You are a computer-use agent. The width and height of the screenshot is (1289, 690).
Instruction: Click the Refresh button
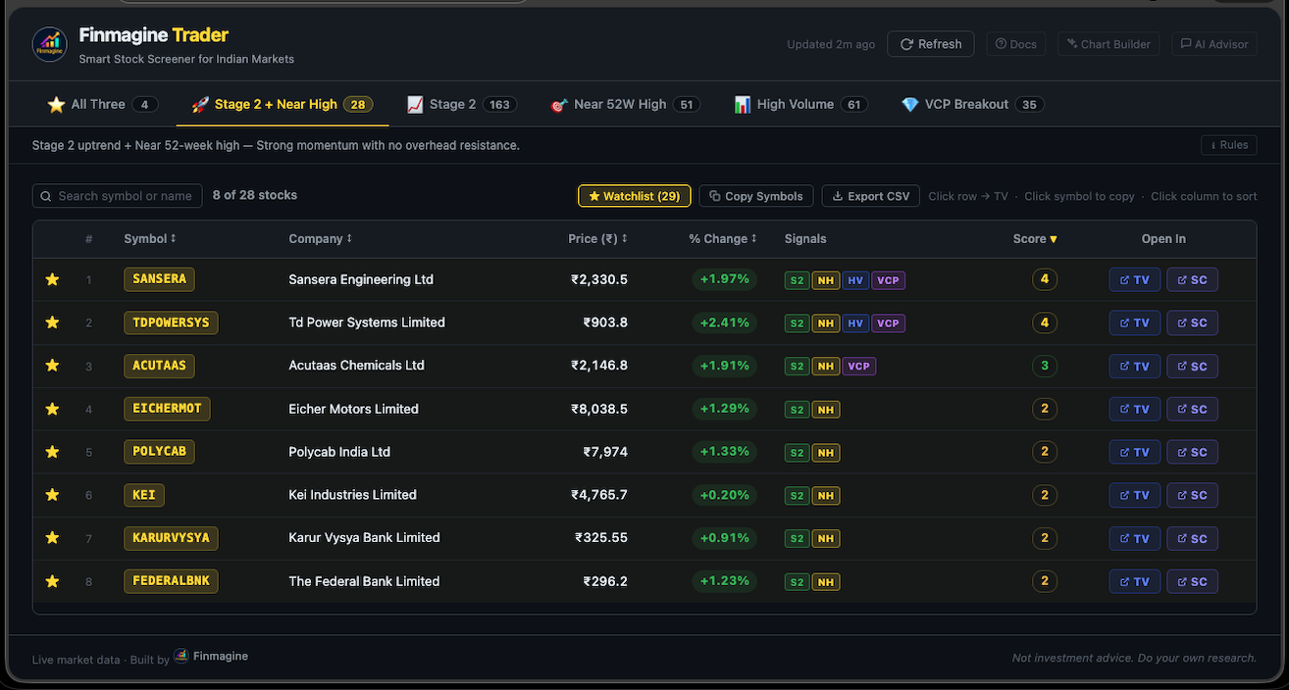click(x=930, y=44)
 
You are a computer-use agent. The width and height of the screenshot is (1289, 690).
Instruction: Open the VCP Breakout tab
click(x=971, y=104)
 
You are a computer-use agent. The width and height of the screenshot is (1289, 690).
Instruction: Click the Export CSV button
click(x=871, y=196)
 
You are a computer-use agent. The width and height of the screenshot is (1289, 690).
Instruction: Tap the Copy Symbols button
click(x=755, y=196)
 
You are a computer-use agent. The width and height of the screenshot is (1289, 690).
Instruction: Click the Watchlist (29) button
click(x=634, y=196)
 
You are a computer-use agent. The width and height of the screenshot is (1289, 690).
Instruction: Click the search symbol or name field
click(x=118, y=196)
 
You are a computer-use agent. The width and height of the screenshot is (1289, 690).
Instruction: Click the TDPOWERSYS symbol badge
click(x=171, y=322)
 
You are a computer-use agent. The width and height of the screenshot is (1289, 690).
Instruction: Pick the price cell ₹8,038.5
click(x=599, y=409)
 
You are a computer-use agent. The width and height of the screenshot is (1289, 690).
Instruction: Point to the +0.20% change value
click(x=724, y=495)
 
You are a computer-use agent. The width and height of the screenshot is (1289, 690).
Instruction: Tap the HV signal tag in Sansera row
click(x=855, y=280)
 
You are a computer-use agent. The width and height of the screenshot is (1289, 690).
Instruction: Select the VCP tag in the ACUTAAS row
click(x=858, y=367)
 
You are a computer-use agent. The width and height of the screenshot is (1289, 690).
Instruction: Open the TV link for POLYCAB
click(x=1134, y=452)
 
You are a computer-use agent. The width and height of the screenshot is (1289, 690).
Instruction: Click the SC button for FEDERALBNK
click(x=1192, y=581)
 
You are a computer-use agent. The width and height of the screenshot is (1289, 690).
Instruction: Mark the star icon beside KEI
click(x=53, y=495)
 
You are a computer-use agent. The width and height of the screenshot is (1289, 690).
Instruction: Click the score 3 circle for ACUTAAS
click(x=1045, y=366)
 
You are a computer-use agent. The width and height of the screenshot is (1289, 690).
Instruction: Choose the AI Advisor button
click(x=1213, y=44)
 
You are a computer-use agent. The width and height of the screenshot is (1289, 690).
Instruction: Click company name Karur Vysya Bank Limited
click(x=364, y=537)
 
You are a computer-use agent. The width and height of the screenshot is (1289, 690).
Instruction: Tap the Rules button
click(x=1228, y=145)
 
